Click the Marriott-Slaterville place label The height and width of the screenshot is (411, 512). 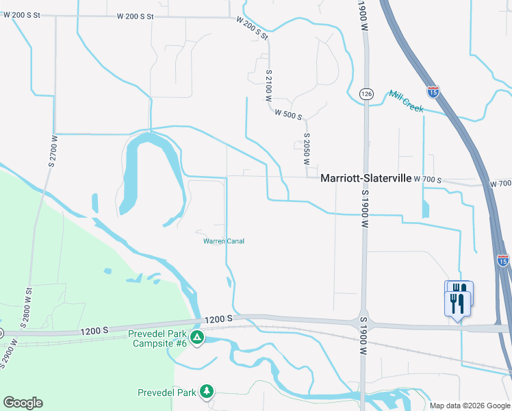[x=366, y=177]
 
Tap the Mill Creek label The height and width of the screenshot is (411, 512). [x=406, y=101]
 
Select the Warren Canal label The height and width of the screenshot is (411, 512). [x=224, y=241]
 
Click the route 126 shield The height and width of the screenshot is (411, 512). [x=366, y=93]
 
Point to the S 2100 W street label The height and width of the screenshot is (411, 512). [x=269, y=86]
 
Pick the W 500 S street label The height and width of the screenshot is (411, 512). [x=288, y=116]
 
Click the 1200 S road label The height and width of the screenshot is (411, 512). [x=219, y=319]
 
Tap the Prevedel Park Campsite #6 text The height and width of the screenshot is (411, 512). [x=157, y=338]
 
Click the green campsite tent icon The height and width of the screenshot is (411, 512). [x=197, y=337]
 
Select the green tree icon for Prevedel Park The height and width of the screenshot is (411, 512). [x=206, y=392]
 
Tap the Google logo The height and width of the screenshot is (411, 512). [x=23, y=403]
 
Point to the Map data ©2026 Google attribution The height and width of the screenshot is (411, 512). [x=470, y=406]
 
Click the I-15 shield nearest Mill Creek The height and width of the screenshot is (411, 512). [x=433, y=90]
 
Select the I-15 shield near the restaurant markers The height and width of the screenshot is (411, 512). [x=502, y=260]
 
